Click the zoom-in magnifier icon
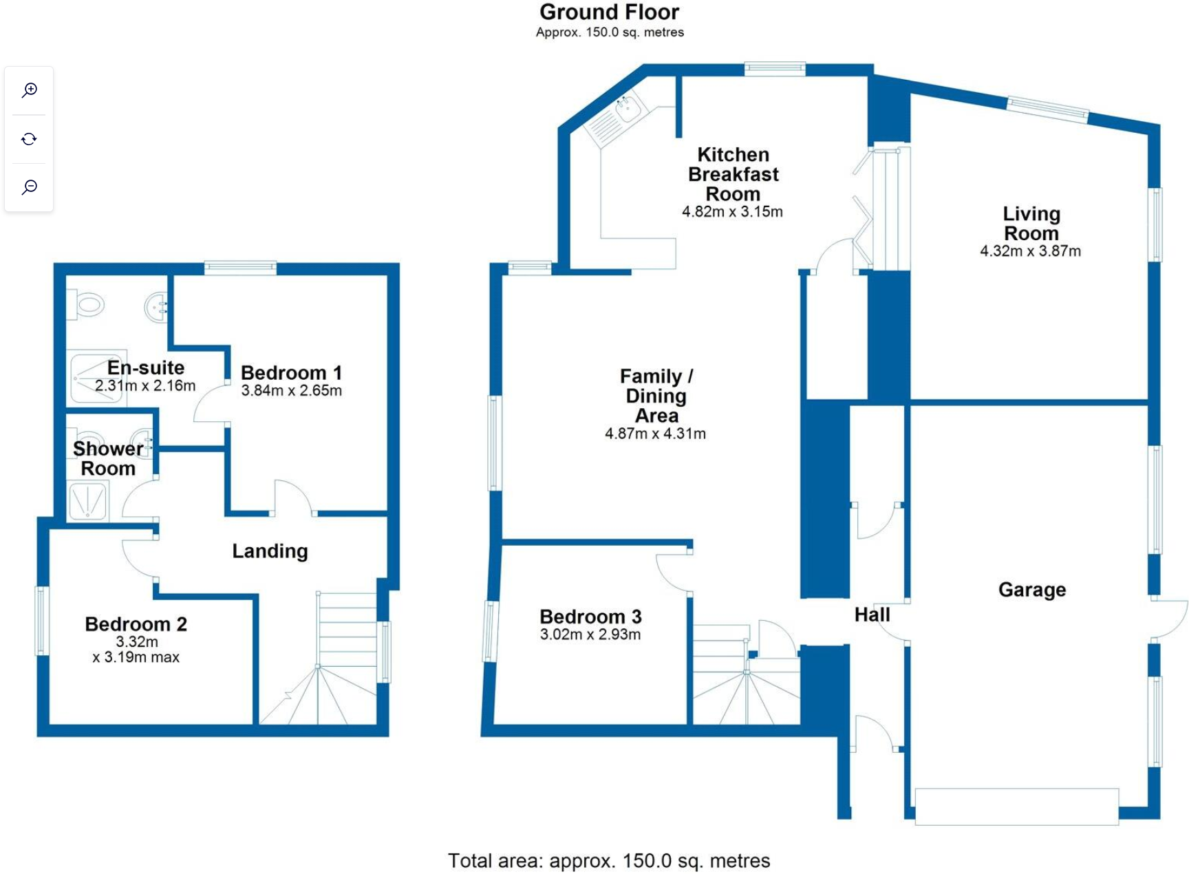click(29, 90)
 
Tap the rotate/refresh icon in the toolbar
click(29, 139)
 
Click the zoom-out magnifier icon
click(29, 187)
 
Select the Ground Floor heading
click(609, 12)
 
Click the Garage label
click(1031, 590)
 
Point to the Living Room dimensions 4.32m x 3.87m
click(1030, 252)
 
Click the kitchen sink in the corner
click(628, 107)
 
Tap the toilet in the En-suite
click(88, 303)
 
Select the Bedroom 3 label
click(590, 617)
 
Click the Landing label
click(270, 551)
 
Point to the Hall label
click(872, 615)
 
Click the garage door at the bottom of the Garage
click(1016, 806)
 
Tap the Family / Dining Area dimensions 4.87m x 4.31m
click(655, 434)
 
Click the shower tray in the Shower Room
click(88, 500)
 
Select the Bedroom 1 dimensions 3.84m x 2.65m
click(291, 391)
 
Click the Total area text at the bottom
click(609, 861)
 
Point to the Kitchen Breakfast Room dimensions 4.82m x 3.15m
click(732, 212)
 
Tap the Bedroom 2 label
click(136, 624)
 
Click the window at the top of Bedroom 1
click(240, 268)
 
